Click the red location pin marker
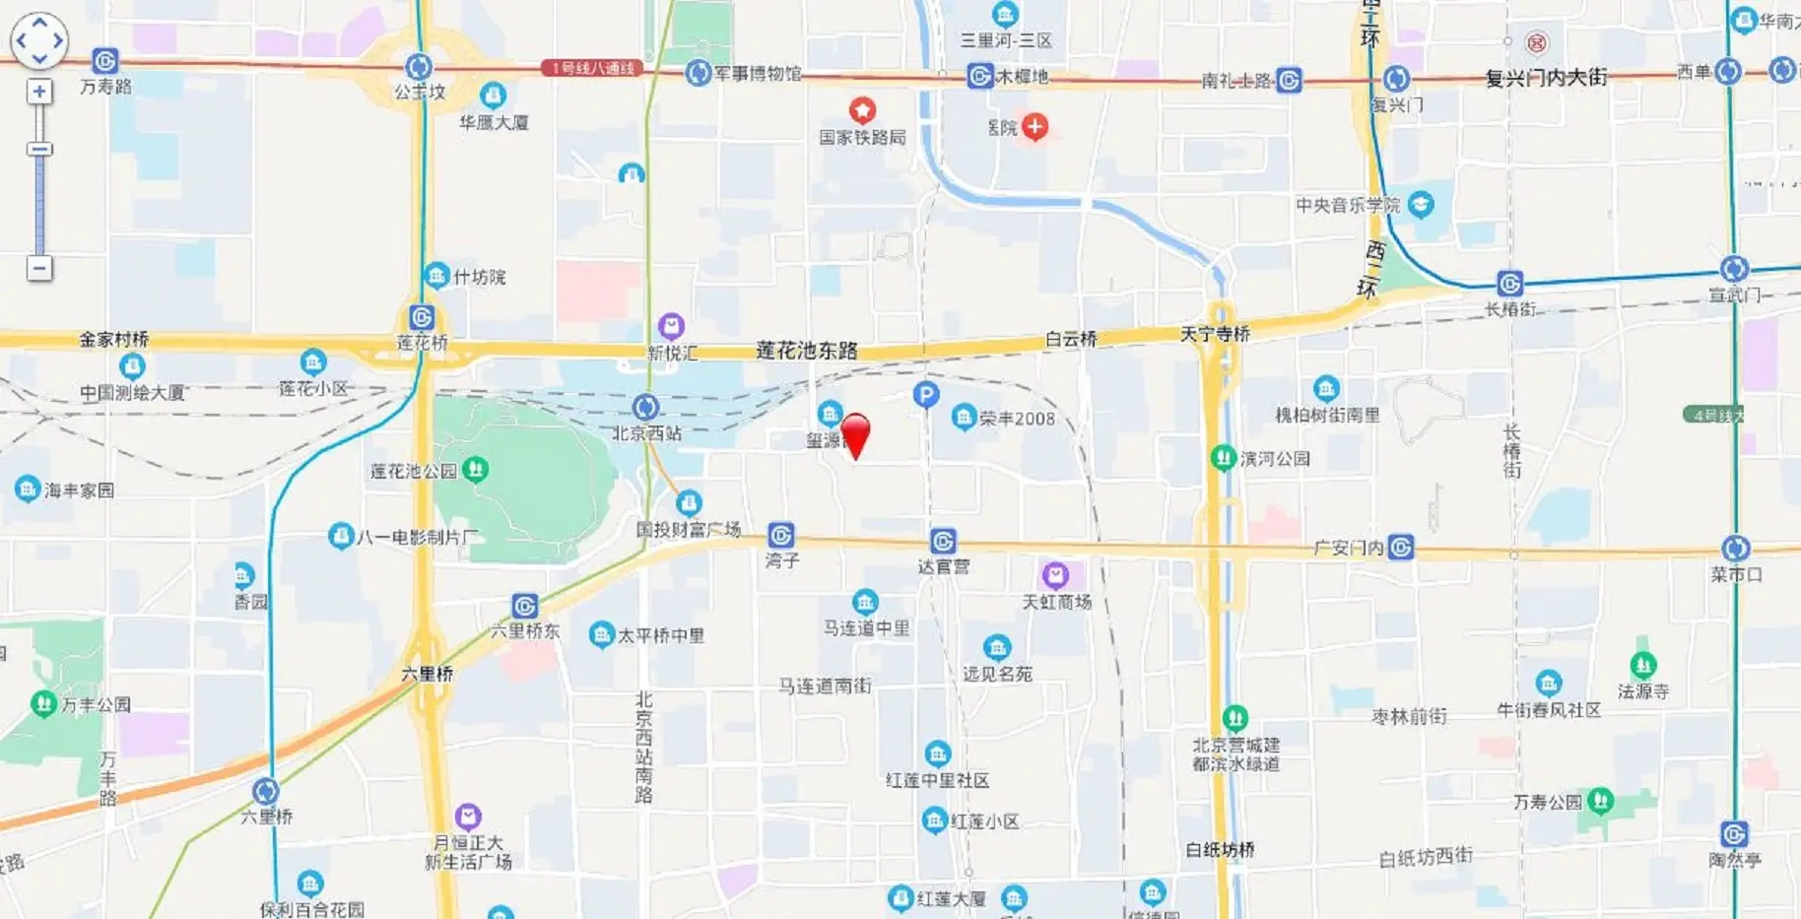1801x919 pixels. click(x=855, y=433)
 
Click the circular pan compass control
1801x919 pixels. click(x=39, y=40)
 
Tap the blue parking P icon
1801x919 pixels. click(x=925, y=395)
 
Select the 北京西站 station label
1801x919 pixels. click(x=646, y=432)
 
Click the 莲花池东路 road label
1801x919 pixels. click(x=806, y=350)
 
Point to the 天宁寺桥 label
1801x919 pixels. click(x=1215, y=334)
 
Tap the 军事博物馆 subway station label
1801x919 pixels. click(x=757, y=73)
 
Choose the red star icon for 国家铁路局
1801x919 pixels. click(x=862, y=109)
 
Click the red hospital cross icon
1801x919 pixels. click(x=1034, y=126)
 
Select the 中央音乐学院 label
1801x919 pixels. click(x=1347, y=205)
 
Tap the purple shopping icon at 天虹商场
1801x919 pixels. click(x=1055, y=574)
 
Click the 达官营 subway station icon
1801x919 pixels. click(x=943, y=541)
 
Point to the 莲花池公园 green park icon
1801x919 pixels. click(x=476, y=469)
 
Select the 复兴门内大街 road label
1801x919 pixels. click(x=1546, y=77)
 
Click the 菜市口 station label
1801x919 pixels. click(x=1736, y=574)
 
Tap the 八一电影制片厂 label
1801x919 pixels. click(x=418, y=537)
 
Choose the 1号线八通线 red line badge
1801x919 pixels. click(x=592, y=68)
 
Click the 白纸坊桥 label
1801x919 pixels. click(x=1220, y=849)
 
